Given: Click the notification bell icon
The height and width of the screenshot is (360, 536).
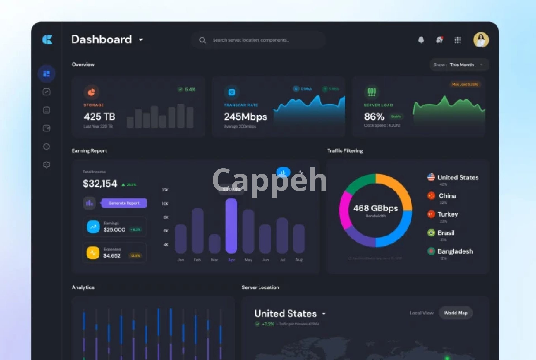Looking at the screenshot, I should (x=421, y=40).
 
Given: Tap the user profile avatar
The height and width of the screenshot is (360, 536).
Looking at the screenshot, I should (x=481, y=40).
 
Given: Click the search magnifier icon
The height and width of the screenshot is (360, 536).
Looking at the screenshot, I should (x=202, y=40).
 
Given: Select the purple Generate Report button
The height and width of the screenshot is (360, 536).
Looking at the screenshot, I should (x=124, y=203).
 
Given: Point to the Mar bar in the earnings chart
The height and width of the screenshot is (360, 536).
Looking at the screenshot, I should (x=214, y=243).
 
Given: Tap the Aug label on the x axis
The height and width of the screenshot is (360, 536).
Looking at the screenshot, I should (x=299, y=260).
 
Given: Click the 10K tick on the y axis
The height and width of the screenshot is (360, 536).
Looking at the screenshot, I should (x=165, y=204).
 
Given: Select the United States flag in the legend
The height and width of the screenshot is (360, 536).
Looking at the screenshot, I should (x=431, y=177).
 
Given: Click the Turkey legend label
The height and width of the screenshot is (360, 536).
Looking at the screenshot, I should (x=448, y=214).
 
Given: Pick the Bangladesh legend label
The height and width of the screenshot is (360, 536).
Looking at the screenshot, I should (x=455, y=251).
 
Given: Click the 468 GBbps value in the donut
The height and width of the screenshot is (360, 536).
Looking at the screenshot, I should (x=375, y=208).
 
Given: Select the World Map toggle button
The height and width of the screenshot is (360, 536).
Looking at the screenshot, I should (x=456, y=313).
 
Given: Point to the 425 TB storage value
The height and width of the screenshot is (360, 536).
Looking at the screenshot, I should (x=100, y=117).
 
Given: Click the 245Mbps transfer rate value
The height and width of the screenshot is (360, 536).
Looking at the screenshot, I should (x=245, y=117).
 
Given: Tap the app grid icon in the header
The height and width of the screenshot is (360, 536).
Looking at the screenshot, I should (x=458, y=40).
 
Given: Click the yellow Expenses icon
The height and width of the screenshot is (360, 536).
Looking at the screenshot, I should (x=93, y=253).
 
